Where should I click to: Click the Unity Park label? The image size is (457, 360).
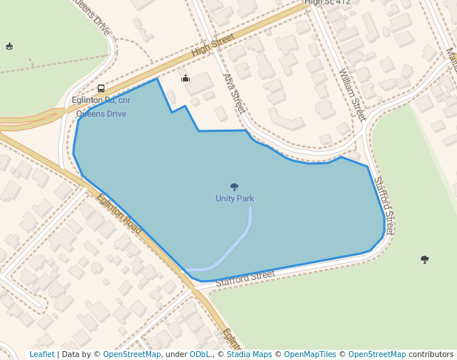(x=235, y=199)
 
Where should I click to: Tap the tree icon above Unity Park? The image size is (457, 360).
(x=235, y=187)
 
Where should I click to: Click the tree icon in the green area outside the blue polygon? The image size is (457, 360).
(x=424, y=259)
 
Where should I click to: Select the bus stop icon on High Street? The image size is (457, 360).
(x=101, y=89)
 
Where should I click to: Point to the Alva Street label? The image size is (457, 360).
(x=233, y=93)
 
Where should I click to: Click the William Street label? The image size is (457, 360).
(x=352, y=95)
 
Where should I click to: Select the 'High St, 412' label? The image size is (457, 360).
(x=327, y=2)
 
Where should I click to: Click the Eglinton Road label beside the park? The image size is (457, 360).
(x=119, y=214)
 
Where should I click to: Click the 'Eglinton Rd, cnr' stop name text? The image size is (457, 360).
(x=101, y=101)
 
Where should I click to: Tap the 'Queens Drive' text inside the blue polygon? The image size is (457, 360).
(x=101, y=114)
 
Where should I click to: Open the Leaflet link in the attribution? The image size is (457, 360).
(x=41, y=355)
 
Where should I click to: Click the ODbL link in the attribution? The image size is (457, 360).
(x=201, y=355)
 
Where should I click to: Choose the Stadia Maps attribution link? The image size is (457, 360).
(x=249, y=355)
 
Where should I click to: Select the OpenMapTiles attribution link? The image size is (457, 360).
(x=310, y=355)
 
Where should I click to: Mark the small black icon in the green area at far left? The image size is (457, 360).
(x=9, y=46)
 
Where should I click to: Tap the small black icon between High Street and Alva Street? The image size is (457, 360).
(x=186, y=78)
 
